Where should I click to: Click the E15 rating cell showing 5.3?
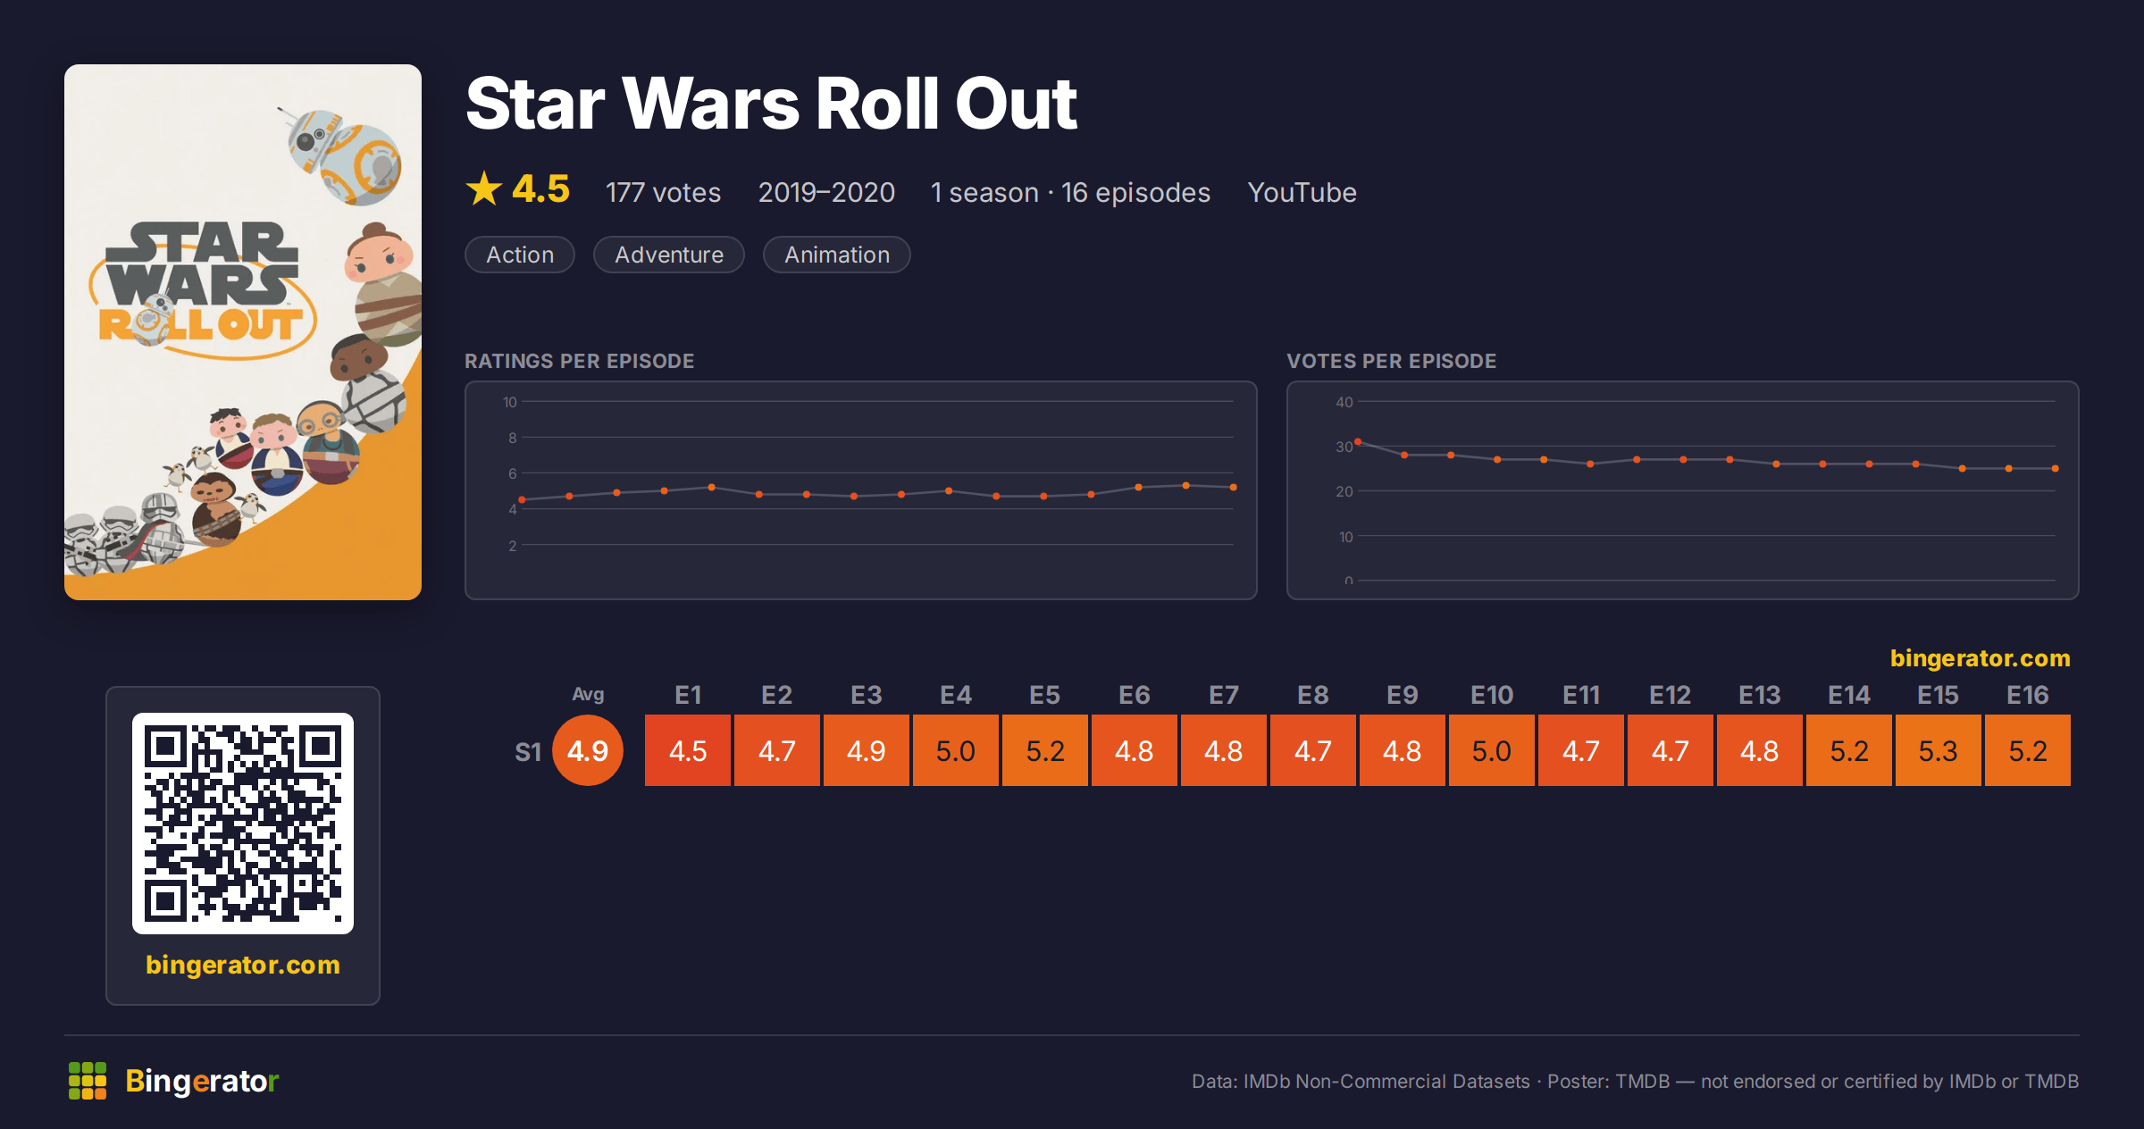1938,750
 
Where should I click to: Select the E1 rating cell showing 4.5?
688,750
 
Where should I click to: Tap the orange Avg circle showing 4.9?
588,750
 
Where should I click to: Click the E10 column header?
1492,695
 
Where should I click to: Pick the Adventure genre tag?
669,255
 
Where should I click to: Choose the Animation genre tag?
837,255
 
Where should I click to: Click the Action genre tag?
520,255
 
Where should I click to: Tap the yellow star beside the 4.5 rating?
484,188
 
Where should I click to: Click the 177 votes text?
663,192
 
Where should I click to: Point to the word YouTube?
1302,192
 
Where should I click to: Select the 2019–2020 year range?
826,192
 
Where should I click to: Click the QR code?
243,824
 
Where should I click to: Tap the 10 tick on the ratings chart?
509,402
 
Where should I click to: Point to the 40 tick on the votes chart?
1344,402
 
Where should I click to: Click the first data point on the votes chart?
1358,442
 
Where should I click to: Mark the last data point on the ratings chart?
1234,487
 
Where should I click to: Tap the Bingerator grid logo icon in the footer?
88,1081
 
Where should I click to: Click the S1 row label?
528,752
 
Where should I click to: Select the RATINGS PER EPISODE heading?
579,361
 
